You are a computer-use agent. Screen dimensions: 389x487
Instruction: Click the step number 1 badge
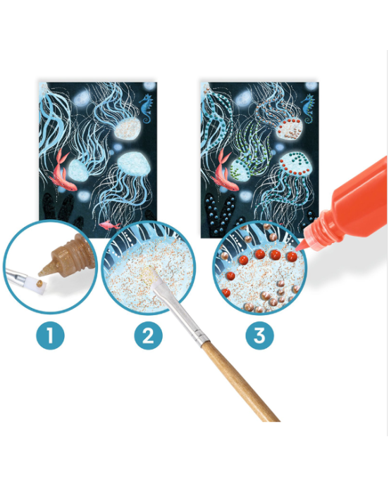tap(50, 335)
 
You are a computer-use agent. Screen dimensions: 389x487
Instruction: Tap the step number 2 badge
tap(149, 335)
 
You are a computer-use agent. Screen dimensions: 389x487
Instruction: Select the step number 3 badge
tap(260, 335)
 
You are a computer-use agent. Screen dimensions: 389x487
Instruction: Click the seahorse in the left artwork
tap(147, 109)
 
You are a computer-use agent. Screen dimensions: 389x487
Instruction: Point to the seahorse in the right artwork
tap(308, 109)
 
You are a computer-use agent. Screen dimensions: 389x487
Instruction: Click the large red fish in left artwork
tap(62, 171)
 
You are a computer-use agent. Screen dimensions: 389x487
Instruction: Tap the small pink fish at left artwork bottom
tap(109, 224)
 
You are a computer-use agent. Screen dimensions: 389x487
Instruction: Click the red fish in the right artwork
tap(224, 171)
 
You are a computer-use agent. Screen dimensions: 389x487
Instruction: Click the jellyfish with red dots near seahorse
tap(290, 128)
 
